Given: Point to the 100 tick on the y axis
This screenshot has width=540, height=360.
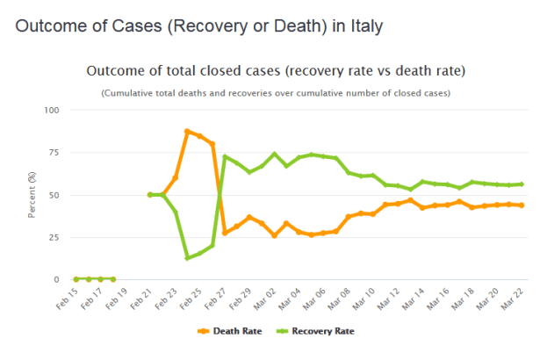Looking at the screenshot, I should point(50,110).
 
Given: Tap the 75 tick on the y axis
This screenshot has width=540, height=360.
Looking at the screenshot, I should point(53,152).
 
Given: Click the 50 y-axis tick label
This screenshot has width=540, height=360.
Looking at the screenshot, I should point(53,195).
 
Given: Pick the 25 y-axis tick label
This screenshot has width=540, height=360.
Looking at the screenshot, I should point(53,237).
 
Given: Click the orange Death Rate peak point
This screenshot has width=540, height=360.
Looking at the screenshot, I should point(187,131).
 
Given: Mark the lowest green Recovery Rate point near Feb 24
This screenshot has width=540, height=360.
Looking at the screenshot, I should point(187,258).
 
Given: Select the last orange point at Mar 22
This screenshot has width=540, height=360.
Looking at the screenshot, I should point(522,205).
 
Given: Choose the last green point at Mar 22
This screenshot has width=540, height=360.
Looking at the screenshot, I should point(522,184).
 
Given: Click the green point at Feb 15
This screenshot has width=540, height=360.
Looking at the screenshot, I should point(76,279).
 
